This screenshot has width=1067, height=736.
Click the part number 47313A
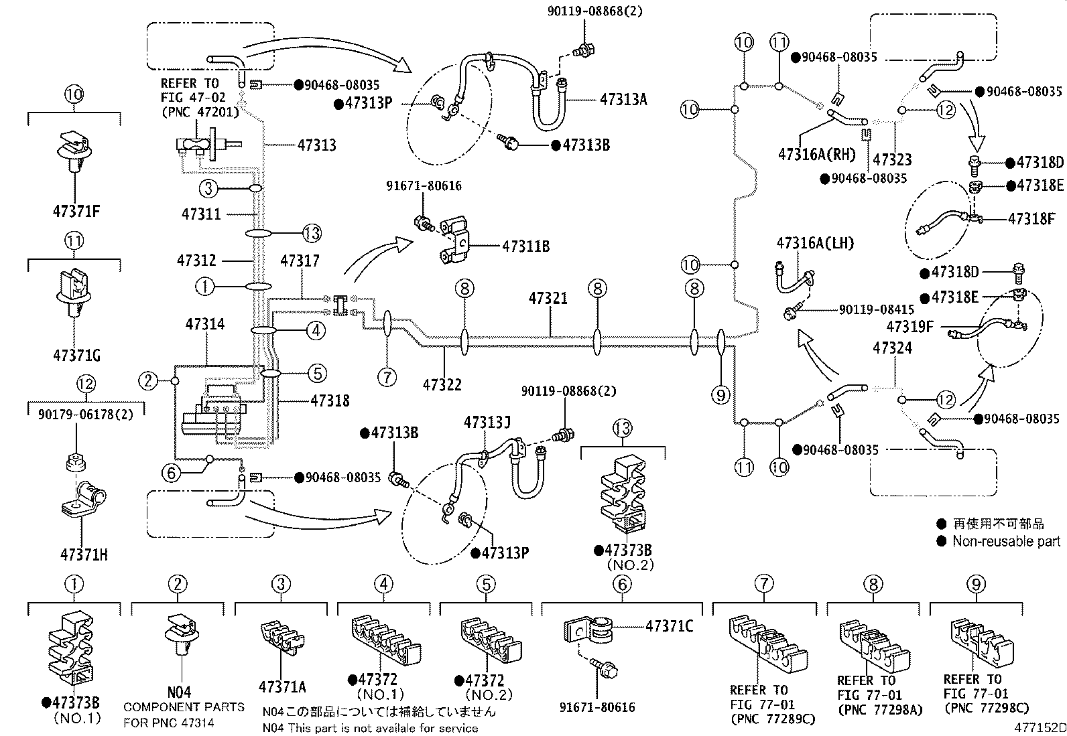pos(623,100)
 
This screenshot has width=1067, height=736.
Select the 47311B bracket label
pos(526,246)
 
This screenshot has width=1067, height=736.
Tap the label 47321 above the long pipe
pos(548,299)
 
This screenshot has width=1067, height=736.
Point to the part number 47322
pos(442,384)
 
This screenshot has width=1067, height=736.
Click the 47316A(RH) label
pos(817,154)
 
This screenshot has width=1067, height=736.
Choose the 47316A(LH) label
pos(816,243)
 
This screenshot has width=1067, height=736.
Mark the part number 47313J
pos(487,423)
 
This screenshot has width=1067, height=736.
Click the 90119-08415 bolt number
pos(877,309)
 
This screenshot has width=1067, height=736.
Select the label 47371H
pos(84,555)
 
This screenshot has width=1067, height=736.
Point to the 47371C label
pos(670,626)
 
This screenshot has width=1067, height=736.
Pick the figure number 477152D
pos(1040,728)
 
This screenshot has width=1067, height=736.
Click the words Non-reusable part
pos(1007,541)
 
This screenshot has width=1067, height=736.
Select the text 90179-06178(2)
pos(86,414)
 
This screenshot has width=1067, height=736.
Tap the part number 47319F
pos(909,327)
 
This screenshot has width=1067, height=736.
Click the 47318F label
pos(1031,219)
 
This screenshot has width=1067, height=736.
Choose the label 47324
pos(893,348)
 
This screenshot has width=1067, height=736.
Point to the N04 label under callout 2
pos(179,692)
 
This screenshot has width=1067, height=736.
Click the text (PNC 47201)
pos(200,113)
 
